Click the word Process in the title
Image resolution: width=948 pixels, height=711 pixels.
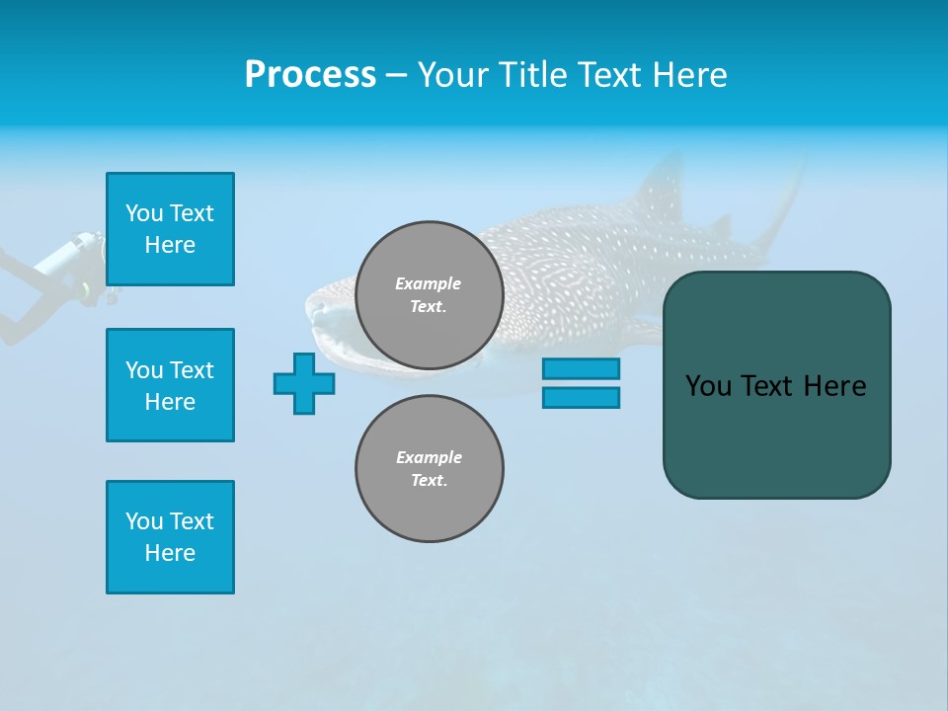[310, 75]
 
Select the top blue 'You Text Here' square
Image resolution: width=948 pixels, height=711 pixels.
[170, 229]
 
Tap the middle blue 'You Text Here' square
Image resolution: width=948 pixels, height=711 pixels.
[170, 385]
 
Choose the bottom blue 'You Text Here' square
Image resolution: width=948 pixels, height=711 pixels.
[170, 537]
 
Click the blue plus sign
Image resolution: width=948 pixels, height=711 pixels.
[304, 383]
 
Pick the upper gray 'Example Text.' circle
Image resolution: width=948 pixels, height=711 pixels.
[429, 295]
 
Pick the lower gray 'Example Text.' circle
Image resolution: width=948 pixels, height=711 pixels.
[429, 469]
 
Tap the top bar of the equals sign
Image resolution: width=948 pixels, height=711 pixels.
[581, 368]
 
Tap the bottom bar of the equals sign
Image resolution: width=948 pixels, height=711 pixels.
[581, 397]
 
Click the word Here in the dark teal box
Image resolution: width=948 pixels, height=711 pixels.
[833, 386]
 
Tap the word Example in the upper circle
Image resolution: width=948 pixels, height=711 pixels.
[429, 283]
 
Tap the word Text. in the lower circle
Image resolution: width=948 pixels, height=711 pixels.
[429, 481]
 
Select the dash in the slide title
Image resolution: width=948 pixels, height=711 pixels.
[396, 75]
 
